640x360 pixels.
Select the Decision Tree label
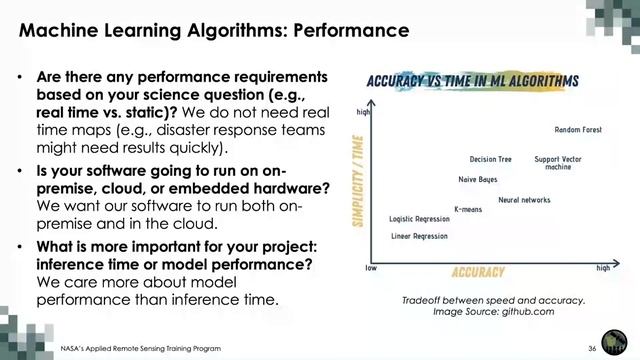[490, 159]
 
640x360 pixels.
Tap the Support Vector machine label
[558, 163]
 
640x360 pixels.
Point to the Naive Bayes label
[477, 180]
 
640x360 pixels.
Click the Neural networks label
[524, 200]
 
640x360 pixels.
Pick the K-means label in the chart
[468, 210]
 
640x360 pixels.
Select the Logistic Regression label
[420, 219]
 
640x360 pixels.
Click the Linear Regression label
[419, 237]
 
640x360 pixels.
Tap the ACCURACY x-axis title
[478, 272]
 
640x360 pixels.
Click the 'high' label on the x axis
[603, 269]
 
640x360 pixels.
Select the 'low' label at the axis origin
[370, 269]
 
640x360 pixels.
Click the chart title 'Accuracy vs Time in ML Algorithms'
[472, 80]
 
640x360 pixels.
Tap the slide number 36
[592, 346]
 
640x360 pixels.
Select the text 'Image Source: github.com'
[492, 312]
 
